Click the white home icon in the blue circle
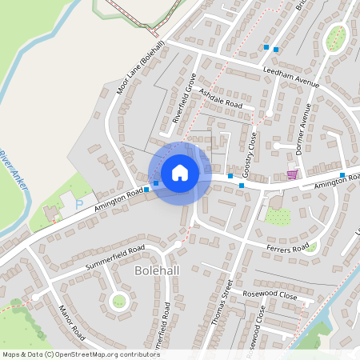180,172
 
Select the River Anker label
13,170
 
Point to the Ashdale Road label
220,98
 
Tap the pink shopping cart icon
292,174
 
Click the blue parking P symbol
78,205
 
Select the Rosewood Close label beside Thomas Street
273,296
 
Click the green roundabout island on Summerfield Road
119,301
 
